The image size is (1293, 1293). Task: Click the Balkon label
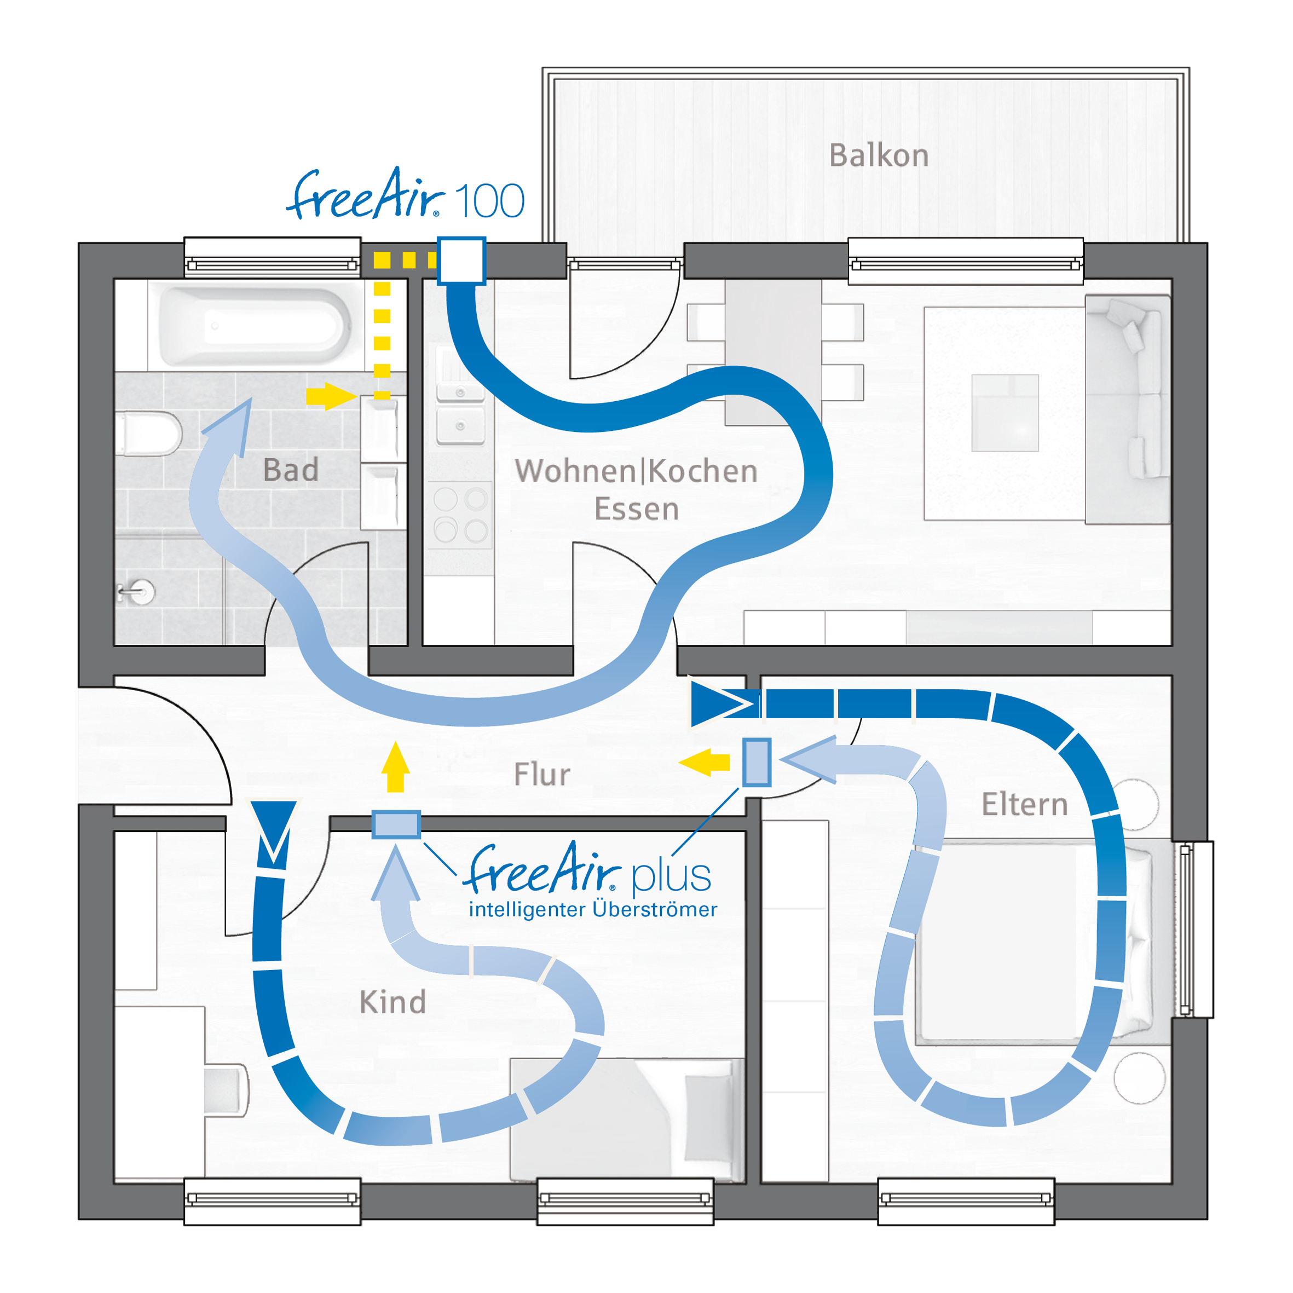click(879, 155)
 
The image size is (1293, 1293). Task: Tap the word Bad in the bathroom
click(291, 469)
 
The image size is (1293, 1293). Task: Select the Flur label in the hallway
click(542, 775)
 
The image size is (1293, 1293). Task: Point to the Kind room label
click(393, 1002)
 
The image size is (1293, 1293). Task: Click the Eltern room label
click(1025, 804)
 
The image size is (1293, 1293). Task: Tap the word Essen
click(637, 509)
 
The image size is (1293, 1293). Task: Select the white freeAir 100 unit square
click(461, 261)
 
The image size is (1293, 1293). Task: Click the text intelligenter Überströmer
click(593, 909)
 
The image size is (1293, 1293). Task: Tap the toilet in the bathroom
click(148, 434)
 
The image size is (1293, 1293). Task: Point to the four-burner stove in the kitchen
click(460, 515)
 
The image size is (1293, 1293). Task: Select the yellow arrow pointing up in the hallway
click(396, 767)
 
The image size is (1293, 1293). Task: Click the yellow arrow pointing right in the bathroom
click(331, 396)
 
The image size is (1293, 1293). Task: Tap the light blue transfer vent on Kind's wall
click(396, 824)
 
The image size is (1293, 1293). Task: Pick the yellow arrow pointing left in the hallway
click(704, 763)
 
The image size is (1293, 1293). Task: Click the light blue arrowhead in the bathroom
click(229, 426)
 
